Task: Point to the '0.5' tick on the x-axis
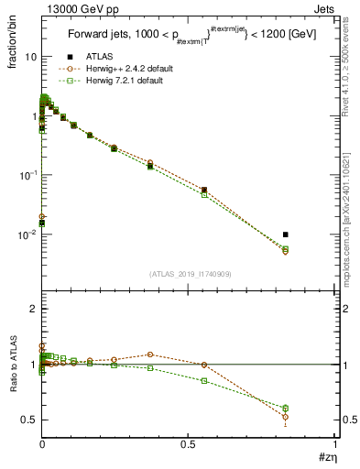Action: [189, 443]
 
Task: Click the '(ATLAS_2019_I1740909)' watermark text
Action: [190, 274]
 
